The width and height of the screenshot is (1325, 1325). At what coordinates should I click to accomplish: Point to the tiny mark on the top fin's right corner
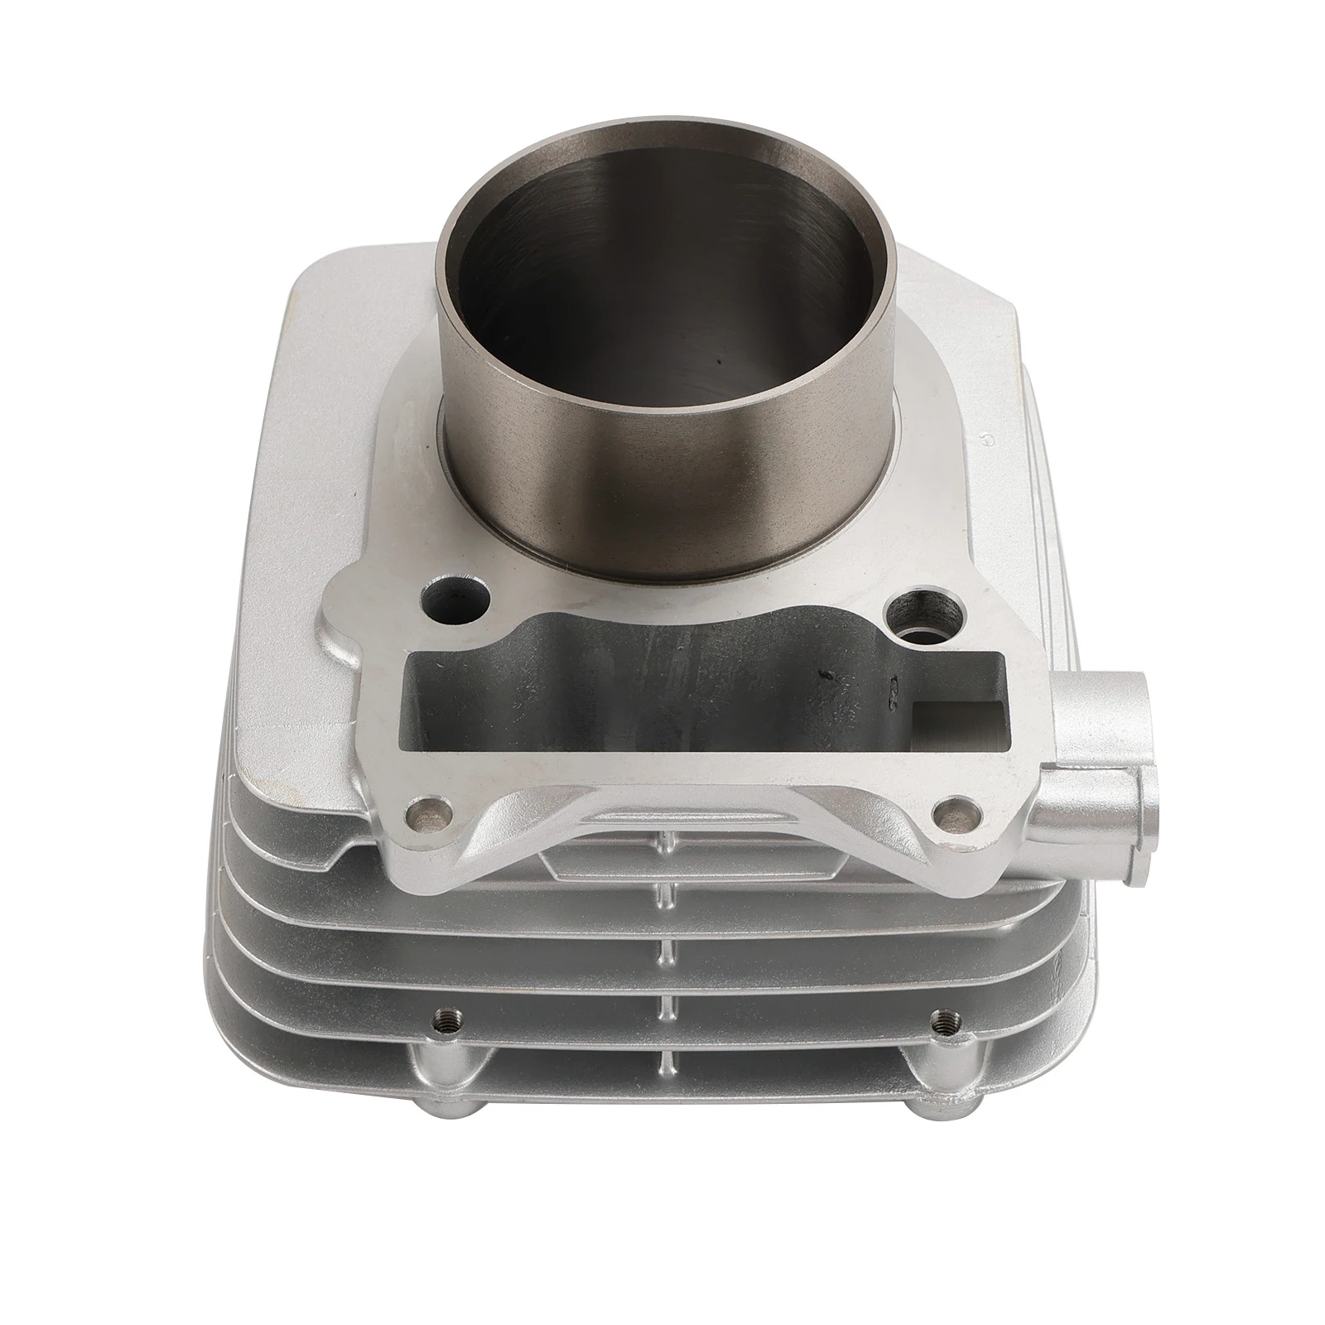pyautogui.click(x=987, y=441)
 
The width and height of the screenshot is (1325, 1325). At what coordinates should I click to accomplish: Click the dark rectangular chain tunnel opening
pyautogui.click(x=662, y=687)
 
